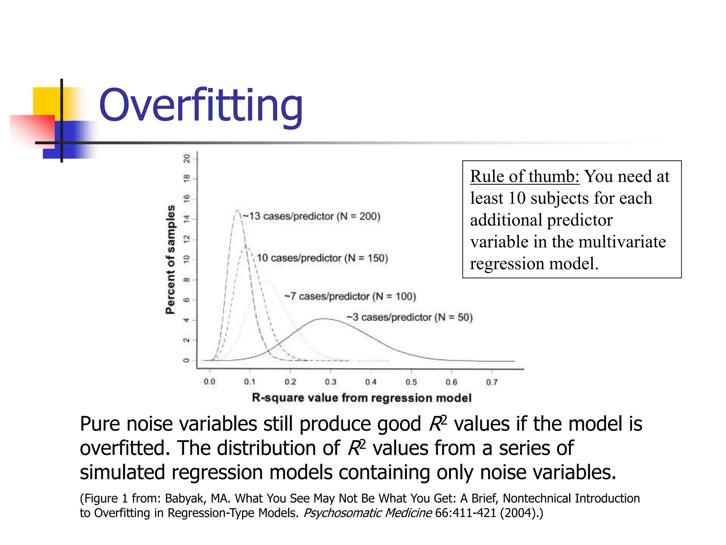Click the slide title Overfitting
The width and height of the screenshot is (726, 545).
(201, 105)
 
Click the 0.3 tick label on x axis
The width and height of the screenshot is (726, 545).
(330, 382)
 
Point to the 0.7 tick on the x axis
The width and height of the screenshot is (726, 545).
(492, 382)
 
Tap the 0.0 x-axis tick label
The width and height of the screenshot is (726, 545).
(210, 382)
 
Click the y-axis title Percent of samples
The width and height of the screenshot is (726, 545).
(171, 259)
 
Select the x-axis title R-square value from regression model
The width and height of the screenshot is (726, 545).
(362, 398)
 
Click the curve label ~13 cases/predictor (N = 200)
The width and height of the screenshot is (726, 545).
(312, 216)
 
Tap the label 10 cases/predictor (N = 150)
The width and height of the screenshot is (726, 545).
(322, 258)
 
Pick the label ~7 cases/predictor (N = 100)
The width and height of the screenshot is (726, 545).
(350, 296)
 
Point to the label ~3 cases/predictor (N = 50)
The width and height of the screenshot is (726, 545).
(409, 317)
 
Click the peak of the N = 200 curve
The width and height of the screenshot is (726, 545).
(238, 210)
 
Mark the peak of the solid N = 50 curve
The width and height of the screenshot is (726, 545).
(324, 319)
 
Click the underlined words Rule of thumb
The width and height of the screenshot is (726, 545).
(524, 176)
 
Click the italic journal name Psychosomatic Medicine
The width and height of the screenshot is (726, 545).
(368, 513)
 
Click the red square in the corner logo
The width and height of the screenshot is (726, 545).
(32, 130)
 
